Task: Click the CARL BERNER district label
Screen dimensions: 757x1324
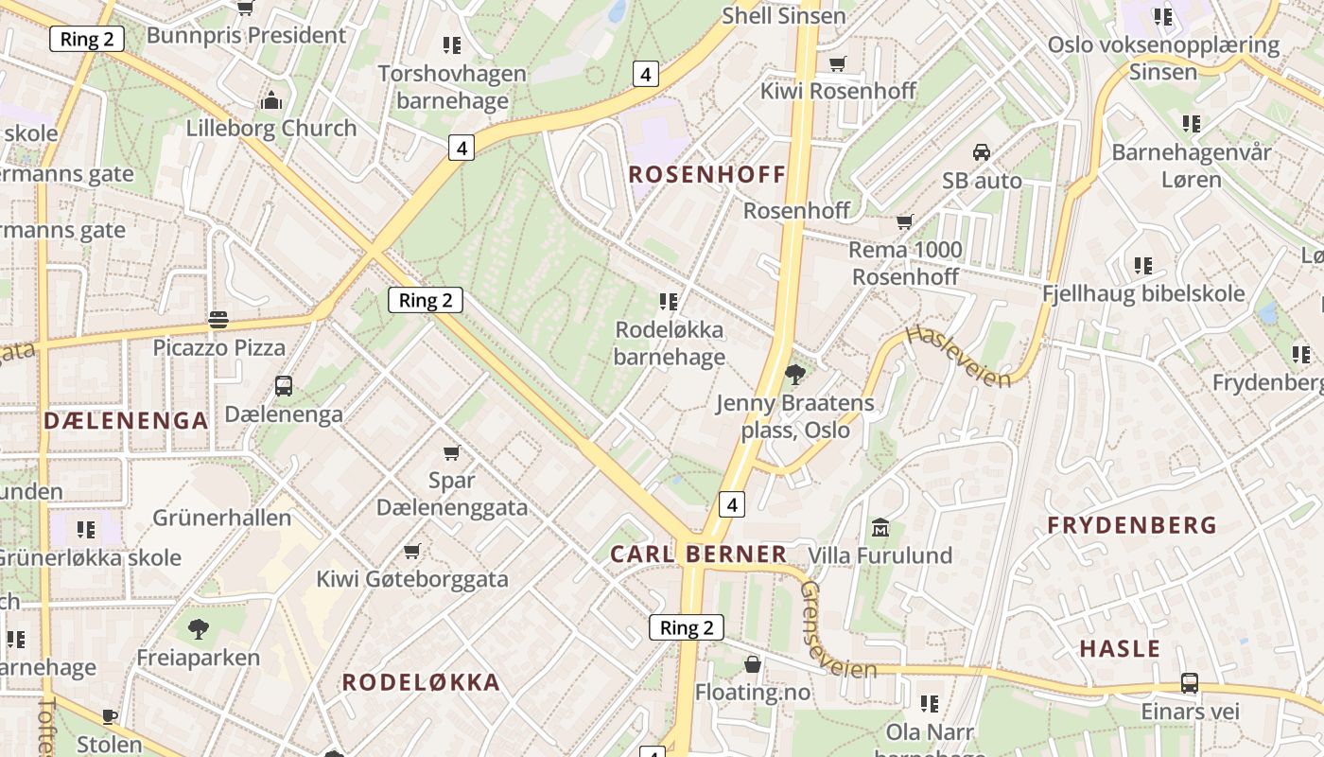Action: tap(698, 555)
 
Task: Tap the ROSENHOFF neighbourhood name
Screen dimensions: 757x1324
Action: tap(707, 174)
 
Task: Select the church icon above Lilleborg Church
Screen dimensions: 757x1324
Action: tap(271, 100)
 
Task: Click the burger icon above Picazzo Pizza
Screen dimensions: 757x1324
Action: tap(218, 320)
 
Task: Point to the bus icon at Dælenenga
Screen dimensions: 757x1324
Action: tap(284, 386)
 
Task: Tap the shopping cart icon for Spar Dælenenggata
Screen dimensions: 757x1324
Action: tap(452, 453)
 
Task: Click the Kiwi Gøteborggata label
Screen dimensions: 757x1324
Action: tap(412, 579)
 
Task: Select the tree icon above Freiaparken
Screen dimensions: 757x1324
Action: tap(199, 628)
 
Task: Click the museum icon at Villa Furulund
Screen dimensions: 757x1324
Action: tap(880, 527)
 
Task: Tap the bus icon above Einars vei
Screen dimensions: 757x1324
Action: tap(1190, 683)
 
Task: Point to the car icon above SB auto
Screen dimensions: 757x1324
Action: tap(982, 152)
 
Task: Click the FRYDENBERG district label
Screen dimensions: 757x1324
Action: tap(1132, 525)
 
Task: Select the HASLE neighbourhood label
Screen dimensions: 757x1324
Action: tap(1120, 649)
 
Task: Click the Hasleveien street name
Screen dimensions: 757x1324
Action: tap(957, 356)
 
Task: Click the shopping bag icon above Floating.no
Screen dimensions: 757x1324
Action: tap(753, 664)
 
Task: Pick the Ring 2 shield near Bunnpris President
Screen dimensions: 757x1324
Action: tap(87, 39)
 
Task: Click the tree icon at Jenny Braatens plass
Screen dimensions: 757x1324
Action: tap(795, 375)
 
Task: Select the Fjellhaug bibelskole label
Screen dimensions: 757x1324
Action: tap(1143, 294)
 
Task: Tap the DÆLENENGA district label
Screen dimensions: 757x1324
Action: tap(126, 421)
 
